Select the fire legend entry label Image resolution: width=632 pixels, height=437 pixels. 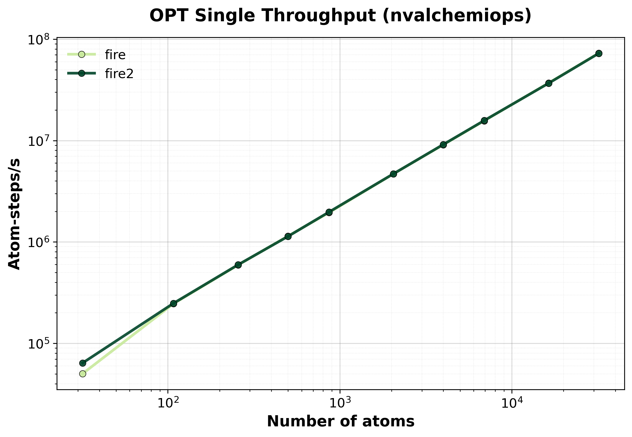pyautogui.click(x=115, y=55)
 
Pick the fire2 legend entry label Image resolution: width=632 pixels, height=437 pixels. pyautogui.click(x=119, y=74)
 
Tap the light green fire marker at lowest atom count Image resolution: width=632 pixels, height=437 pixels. pyautogui.click(x=83, y=374)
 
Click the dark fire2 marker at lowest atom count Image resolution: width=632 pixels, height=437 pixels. pyautogui.click(x=83, y=363)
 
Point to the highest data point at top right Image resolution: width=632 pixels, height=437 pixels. pyautogui.click(x=599, y=53)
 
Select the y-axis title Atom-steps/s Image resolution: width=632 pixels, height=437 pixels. pyautogui.click(x=14, y=214)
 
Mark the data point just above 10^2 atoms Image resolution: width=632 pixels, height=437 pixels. pyautogui.click(x=173, y=303)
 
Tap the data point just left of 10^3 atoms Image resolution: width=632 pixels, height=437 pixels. pyautogui.click(x=329, y=212)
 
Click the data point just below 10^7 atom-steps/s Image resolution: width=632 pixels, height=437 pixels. pyautogui.click(x=443, y=145)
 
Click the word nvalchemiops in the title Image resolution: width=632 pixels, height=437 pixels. pyautogui.click(x=457, y=15)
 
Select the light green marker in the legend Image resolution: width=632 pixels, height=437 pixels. pyautogui.click(x=82, y=54)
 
